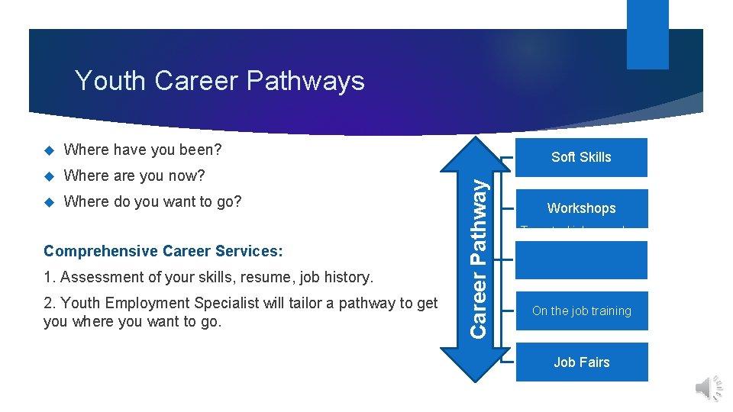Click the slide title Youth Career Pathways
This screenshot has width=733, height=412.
pos(220,80)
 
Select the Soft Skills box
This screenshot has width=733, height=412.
pos(581,157)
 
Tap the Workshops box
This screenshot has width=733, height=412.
pos(581,208)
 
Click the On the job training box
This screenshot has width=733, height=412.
pos(581,311)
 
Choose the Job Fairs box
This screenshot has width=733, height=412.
pos(581,362)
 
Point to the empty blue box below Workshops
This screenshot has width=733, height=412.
pos(581,260)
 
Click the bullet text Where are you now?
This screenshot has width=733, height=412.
pos(134,175)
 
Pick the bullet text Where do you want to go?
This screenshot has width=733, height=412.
pos(153,202)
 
